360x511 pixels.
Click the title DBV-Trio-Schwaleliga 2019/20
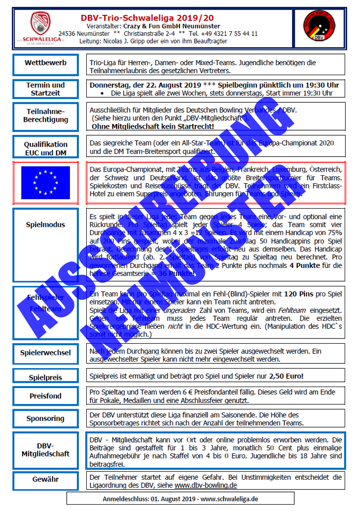click(169, 17)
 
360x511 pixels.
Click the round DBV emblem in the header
click(319, 29)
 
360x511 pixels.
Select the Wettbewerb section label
click(46, 63)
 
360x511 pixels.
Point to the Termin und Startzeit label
click(46, 89)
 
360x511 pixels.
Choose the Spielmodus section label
click(46, 225)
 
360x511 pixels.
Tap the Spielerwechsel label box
click(46, 353)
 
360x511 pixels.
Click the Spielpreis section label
click(46, 378)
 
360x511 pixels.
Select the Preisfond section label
click(46, 396)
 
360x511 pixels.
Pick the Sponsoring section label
click(46, 418)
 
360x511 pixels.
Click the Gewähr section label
click(46, 479)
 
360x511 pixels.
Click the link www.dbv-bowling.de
click(206, 485)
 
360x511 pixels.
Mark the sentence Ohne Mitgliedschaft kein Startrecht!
click(153, 126)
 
